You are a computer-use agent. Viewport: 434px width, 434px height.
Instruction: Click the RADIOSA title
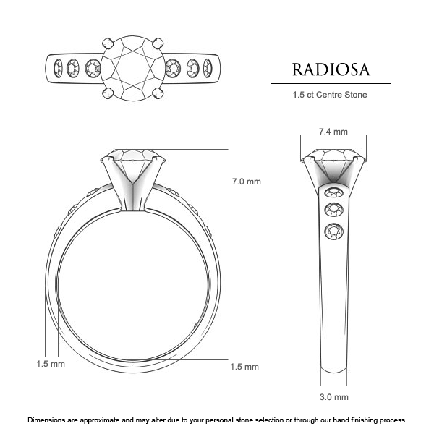[x=331, y=69]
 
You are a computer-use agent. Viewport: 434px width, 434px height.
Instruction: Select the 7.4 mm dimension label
[x=333, y=132]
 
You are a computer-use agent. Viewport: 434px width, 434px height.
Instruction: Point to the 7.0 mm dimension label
[x=246, y=181]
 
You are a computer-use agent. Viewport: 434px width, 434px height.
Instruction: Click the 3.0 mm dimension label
[x=333, y=397]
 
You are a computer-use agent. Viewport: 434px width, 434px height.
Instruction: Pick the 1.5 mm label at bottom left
[x=51, y=363]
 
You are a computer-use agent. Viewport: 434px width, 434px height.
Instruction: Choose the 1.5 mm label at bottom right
[x=244, y=367]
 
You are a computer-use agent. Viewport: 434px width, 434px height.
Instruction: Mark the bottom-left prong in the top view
[x=108, y=93]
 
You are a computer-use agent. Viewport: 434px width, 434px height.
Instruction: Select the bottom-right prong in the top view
[x=159, y=93]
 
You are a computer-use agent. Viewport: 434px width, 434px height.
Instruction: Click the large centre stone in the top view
[x=134, y=68]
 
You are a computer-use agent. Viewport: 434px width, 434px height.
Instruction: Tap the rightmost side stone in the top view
[x=208, y=69]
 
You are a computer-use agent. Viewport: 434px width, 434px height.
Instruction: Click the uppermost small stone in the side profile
[x=333, y=192]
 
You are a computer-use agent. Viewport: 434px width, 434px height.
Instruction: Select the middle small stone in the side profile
[x=333, y=210]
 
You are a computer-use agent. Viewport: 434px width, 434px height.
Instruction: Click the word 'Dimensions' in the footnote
[x=49, y=420]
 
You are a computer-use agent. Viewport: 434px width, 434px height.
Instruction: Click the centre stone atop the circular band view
[x=133, y=163]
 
